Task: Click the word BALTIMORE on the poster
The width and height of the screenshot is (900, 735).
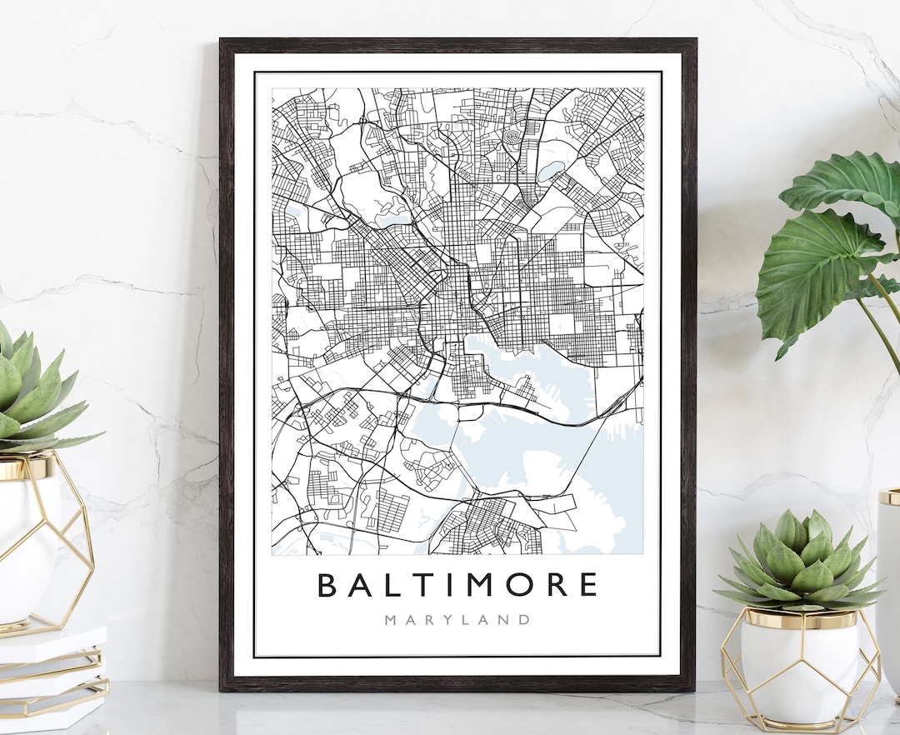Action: (457, 584)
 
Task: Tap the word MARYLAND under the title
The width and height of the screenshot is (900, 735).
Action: (457, 620)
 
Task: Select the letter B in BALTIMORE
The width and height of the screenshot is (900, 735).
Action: (327, 584)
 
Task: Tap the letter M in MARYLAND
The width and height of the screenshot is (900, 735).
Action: (391, 620)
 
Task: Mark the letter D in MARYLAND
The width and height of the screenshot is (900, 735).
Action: (524, 620)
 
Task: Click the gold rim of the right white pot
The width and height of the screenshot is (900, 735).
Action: (798, 618)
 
